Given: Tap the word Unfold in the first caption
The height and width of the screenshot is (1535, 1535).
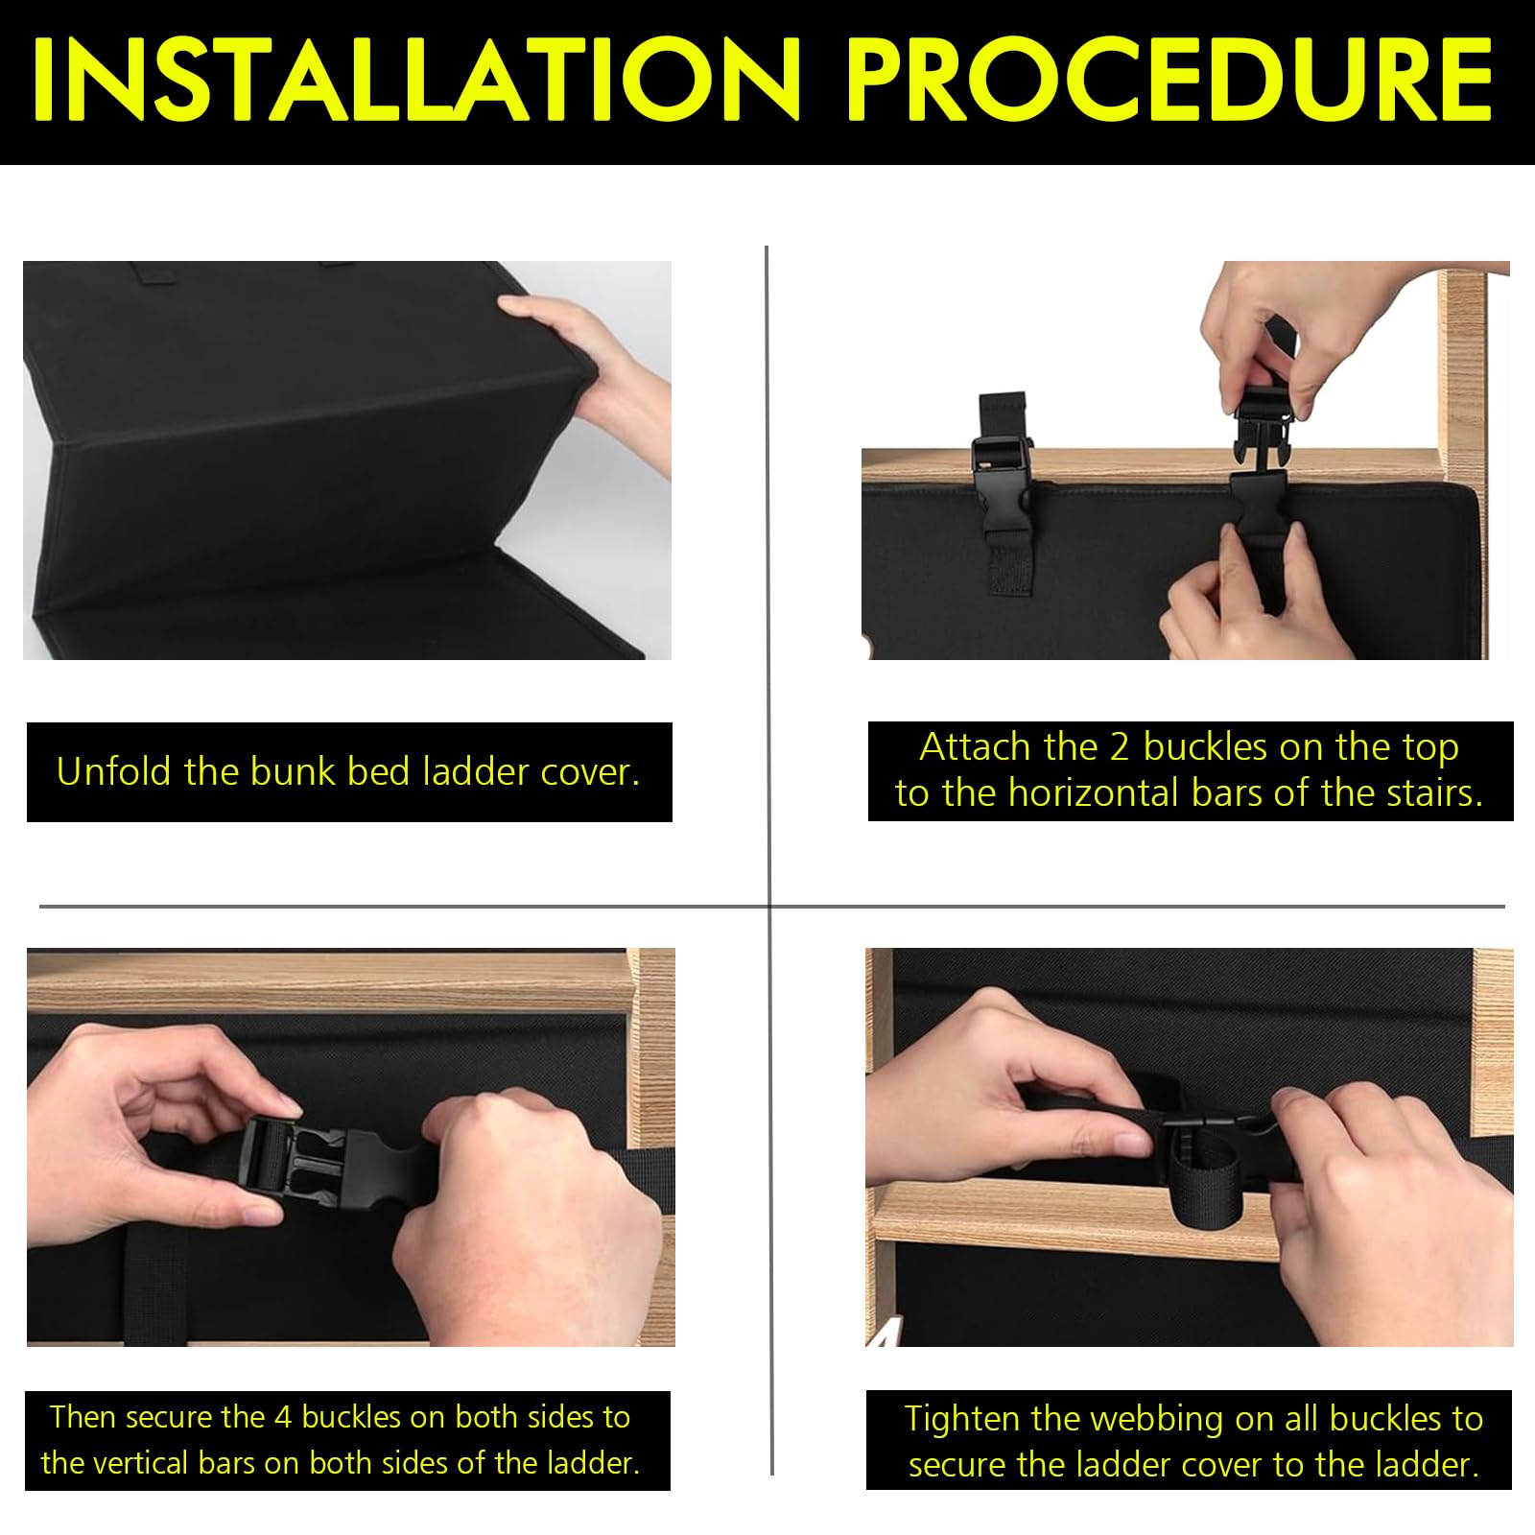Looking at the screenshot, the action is point(115,771).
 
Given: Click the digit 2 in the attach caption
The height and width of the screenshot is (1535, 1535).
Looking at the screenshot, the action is point(1120,747).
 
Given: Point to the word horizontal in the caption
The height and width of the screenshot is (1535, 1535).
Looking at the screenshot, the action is point(1094,793).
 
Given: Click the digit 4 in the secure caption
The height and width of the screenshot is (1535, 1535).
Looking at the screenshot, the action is point(284,1417).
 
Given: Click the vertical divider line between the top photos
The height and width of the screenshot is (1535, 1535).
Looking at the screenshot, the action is point(767,576).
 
